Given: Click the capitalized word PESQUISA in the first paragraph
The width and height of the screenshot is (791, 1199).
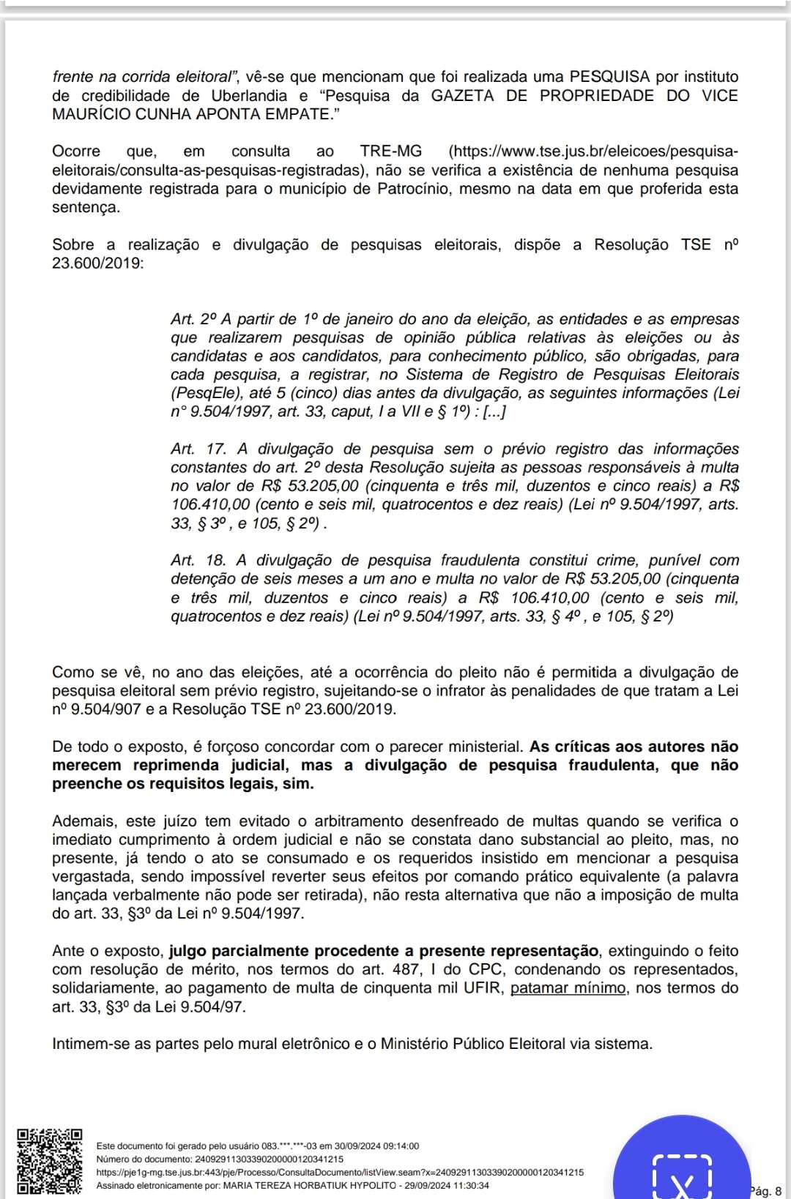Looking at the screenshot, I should (609, 77).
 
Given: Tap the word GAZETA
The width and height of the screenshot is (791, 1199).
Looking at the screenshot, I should (462, 96).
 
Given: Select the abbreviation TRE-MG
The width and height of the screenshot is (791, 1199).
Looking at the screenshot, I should (391, 152).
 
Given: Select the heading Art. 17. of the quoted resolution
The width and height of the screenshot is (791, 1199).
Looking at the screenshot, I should (198, 449).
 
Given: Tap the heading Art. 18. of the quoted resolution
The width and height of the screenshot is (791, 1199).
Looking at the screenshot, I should (198, 561).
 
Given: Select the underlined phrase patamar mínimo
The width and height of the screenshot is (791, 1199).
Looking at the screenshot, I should (568, 988).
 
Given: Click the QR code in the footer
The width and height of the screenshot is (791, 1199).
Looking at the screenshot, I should (49, 1162).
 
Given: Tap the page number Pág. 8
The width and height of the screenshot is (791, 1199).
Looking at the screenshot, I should (766, 1191).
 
